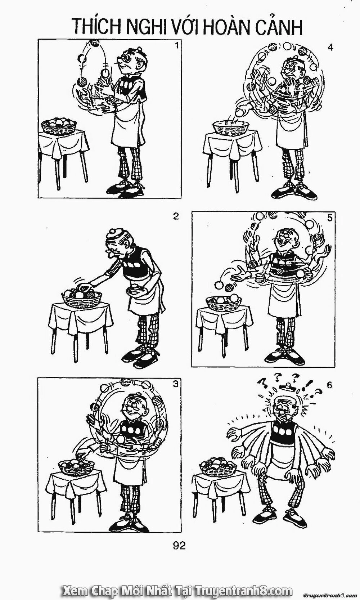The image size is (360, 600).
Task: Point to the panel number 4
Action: [x=330, y=47]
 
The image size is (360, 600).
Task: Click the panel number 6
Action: [x=329, y=385]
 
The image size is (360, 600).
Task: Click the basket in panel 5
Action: [x=223, y=301]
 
